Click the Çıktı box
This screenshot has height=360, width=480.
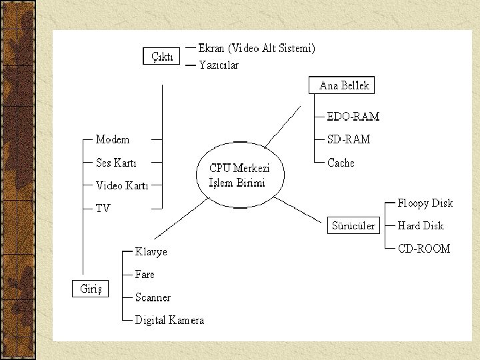(162, 56)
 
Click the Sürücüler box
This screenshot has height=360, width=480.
(353, 226)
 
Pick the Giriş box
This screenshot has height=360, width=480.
(90, 289)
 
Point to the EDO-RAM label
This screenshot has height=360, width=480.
(353, 117)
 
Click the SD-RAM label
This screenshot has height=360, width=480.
(349, 140)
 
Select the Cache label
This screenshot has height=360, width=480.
(341, 163)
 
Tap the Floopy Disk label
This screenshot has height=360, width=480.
(425, 203)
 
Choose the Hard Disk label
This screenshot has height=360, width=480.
(421, 226)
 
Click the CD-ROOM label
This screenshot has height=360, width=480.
(424, 249)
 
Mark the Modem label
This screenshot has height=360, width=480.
(113, 140)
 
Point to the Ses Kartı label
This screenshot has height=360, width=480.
(116, 163)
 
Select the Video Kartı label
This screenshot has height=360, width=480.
(122, 185)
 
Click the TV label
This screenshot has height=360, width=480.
(103, 209)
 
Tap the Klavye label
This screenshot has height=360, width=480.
(151, 252)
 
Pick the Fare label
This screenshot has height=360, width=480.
(145, 275)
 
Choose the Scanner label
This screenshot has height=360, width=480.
(153, 297)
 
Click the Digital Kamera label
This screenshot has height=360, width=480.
(169, 321)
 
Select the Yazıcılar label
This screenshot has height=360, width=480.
(219, 65)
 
